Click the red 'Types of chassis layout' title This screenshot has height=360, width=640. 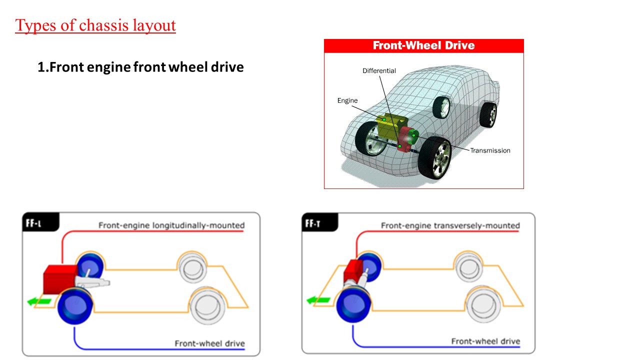click(x=95, y=25)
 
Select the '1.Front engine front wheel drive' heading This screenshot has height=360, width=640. click(x=140, y=67)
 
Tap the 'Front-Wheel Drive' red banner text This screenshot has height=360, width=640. click(x=423, y=45)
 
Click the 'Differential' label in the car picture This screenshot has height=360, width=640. click(x=379, y=71)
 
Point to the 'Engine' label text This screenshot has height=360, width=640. click(x=347, y=100)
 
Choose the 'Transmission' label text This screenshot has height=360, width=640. click(x=490, y=150)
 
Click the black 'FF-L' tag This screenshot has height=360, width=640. click(x=34, y=223)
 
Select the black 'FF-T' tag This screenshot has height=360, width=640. click(x=313, y=223)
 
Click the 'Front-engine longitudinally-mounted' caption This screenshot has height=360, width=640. click(x=171, y=225)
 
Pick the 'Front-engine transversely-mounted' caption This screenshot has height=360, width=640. click(x=450, y=225)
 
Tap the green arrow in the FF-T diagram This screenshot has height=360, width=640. click(x=318, y=300)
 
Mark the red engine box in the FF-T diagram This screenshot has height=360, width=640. click(x=353, y=272)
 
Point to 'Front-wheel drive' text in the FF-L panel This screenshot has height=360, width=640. click(x=209, y=343)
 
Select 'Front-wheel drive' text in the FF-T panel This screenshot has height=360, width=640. click(x=485, y=341)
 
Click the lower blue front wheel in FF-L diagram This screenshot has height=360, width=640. click(x=74, y=305)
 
